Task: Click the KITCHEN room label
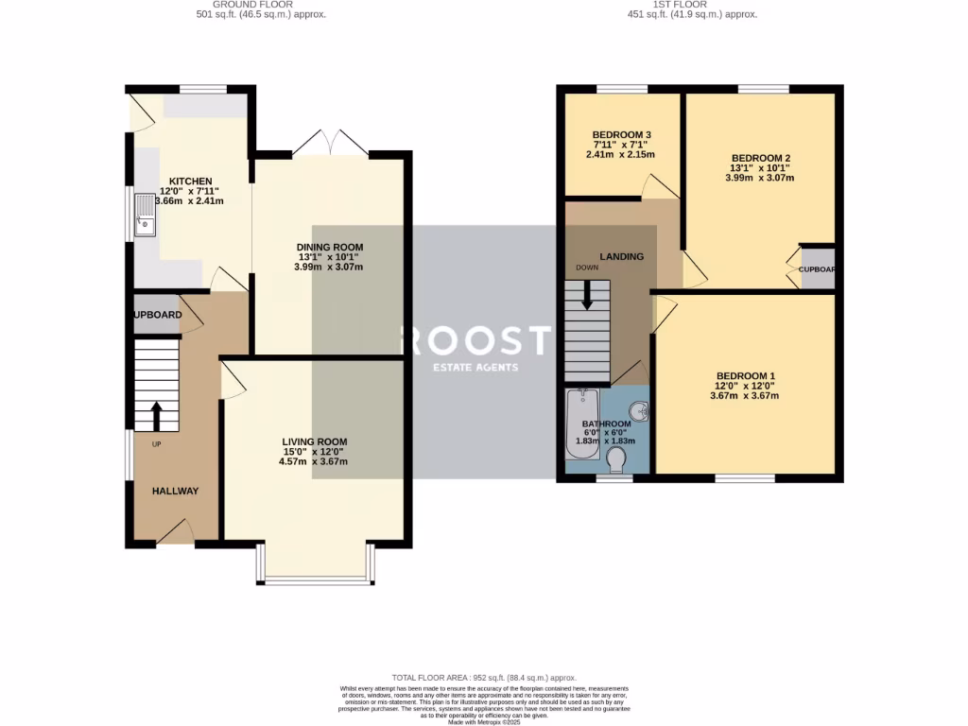point(190,181)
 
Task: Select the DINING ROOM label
point(328,248)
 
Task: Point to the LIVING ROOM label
point(314,441)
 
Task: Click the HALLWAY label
point(176,491)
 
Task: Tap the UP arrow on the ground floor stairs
point(156,414)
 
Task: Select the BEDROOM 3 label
point(620,134)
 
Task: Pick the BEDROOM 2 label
point(761,158)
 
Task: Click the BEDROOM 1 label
point(745,374)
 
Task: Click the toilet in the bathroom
point(616,460)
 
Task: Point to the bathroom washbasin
point(638,411)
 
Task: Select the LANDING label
point(621,256)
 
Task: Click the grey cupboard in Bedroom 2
point(817,268)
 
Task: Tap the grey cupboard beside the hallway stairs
point(156,315)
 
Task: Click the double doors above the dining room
point(330,143)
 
